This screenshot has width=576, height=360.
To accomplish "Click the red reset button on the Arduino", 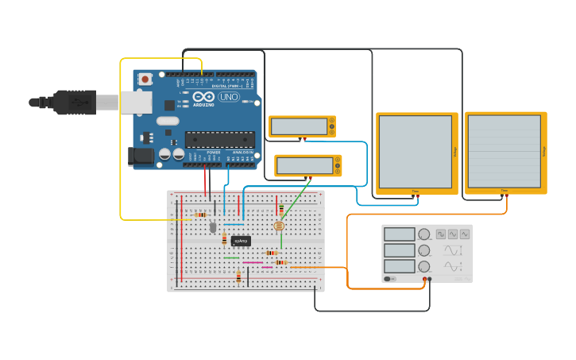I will pos(145,79).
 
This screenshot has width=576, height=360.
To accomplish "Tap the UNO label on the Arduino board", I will pos(229,97).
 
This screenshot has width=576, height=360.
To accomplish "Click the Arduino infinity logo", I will pos(203,96).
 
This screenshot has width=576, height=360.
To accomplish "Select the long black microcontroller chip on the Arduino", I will pos(220,140).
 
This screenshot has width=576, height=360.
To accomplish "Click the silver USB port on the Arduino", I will pos(136,102).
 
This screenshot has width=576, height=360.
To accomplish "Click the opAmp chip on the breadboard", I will pos(241,240).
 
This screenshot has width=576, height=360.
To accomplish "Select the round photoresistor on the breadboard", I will pos(279,226).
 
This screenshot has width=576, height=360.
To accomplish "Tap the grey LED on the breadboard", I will pos(213,227).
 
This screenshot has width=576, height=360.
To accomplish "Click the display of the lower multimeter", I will pos(304,165).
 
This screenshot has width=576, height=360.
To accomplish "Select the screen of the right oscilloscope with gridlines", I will pos(504,151).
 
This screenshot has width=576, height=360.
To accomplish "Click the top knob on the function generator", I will pos(424,234).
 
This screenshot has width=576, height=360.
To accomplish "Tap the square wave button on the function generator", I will pos(440,234).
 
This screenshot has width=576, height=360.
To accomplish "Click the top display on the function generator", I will pos(400,234).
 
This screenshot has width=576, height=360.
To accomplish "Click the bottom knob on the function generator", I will pos(424,266).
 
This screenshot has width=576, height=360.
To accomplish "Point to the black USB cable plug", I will pos(75,102).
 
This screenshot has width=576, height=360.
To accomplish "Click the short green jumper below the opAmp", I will pos(231,257).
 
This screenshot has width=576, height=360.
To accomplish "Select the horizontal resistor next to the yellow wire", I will pos(200,215).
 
